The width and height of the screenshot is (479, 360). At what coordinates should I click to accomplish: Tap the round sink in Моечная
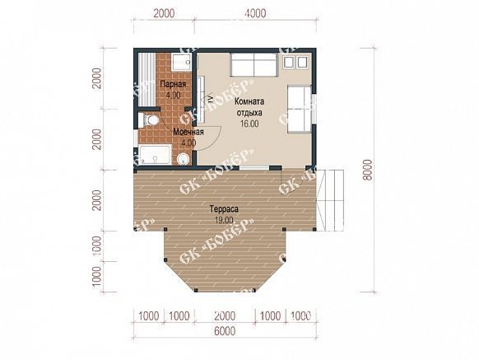coord(184,159)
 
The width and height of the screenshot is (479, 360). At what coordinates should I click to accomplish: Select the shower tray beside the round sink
coord(156,155)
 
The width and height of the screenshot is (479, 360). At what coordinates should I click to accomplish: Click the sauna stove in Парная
coord(181,62)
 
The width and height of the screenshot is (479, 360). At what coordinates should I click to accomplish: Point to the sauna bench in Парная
coord(146,79)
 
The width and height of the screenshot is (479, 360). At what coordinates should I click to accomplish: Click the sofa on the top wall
coord(254,64)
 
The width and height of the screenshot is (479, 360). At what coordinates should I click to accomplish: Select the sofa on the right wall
coord(300,109)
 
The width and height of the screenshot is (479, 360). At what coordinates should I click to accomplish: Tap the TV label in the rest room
coord(210,99)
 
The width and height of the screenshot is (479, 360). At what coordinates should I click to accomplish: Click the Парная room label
coord(173,84)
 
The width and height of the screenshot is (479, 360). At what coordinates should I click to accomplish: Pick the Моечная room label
coord(188,132)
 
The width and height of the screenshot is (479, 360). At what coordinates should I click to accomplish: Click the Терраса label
coord(224,209)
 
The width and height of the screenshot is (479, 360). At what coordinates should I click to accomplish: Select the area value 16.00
coord(249,124)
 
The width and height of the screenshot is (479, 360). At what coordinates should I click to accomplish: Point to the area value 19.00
coord(224,220)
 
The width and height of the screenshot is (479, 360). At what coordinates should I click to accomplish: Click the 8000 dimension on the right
coord(369,171)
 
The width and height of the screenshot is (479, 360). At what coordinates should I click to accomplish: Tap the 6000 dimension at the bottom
coord(225,331)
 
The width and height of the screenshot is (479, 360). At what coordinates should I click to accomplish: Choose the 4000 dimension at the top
coord(255,13)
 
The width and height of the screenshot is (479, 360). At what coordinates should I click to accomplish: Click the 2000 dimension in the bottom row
coord(225,316)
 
